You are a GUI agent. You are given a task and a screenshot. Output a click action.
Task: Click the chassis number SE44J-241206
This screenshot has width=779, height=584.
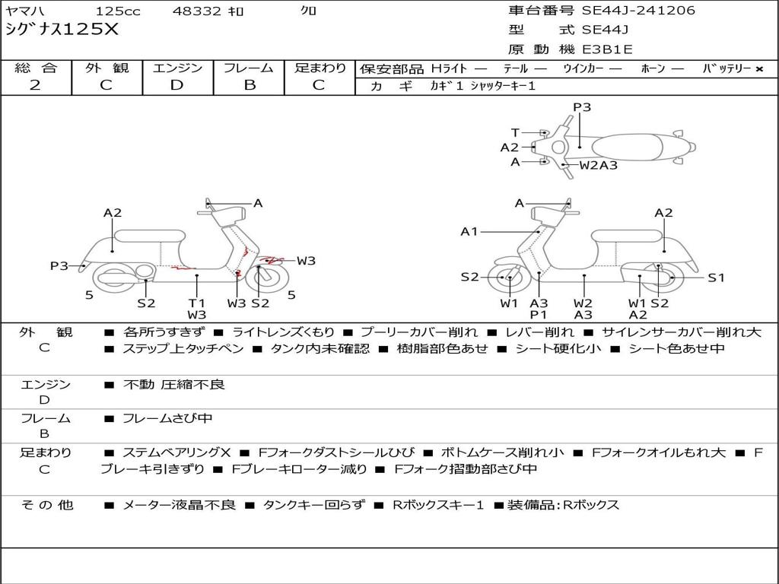click(x=638, y=10)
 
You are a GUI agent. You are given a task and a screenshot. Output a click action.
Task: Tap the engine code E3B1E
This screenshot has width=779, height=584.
click(x=607, y=49)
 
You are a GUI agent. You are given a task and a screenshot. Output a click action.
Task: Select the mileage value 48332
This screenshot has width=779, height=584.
click(x=196, y=11)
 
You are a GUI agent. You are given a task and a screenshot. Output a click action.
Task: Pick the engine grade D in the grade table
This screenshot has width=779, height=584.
click(x=176, y=85)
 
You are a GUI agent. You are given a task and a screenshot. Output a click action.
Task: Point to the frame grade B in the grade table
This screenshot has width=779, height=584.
click(x=250, y=85)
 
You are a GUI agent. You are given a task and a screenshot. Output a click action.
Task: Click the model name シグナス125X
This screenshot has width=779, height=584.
click(x=62, y=30)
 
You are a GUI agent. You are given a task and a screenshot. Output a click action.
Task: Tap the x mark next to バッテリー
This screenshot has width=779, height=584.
click(x=759, y=69)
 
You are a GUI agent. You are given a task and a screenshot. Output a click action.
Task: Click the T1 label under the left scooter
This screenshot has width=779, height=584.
click(x=197, y=303)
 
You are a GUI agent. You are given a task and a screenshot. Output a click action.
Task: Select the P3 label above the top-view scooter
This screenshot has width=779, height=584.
click(x=582, y=107)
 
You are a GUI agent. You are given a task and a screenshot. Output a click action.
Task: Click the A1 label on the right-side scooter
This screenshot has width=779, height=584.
click(x=469, y=231)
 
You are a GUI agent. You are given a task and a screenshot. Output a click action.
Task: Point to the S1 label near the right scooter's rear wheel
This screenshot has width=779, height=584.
click(x=716, y=278)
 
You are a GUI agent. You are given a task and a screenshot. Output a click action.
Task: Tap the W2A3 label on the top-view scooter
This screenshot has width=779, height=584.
click(x=598, y=165)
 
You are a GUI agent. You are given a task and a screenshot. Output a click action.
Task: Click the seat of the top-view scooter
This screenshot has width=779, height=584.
click(x=628, y=148)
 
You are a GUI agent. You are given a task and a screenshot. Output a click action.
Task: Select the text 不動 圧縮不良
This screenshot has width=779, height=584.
click(x=174, y=384)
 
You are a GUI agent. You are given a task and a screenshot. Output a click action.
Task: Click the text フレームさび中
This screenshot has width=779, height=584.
click(x=167, y=418)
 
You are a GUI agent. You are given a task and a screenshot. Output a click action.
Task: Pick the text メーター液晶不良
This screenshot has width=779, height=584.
click(x=179, y=505)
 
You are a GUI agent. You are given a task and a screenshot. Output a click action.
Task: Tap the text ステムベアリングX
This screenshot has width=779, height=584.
click(x=176, y=452)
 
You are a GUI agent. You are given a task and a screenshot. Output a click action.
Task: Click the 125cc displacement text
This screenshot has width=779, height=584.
click(x=118, y=11)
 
